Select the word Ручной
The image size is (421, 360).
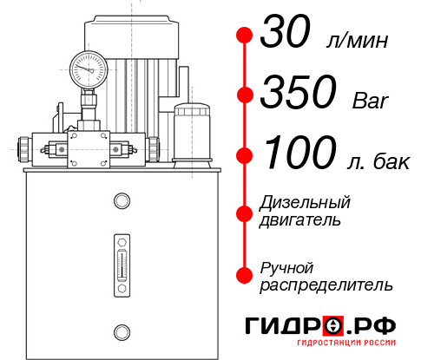[287, 266]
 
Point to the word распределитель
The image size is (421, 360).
[326, 284]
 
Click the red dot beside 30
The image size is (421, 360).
[245, 36]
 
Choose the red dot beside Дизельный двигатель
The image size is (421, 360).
[245, 212]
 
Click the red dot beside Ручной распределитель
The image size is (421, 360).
[245, 274]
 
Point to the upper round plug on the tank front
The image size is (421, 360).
[121, 201]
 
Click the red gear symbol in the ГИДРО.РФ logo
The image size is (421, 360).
[332, 327]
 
